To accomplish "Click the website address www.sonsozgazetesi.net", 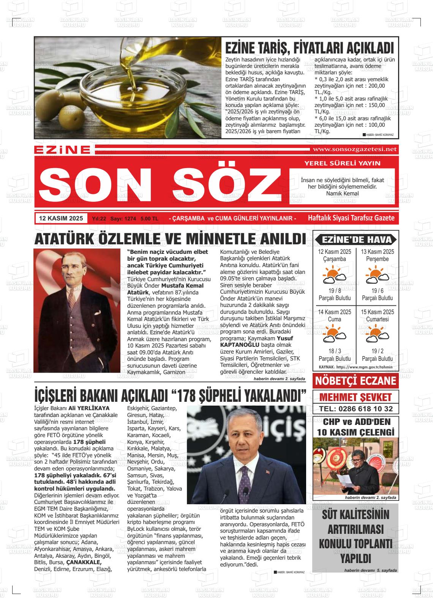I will click(x=354, y=149).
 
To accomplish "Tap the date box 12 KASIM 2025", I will click(x=61, y=218).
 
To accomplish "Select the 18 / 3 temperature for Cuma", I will click(x=334, y=351).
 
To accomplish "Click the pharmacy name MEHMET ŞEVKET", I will click(x=355, y=397).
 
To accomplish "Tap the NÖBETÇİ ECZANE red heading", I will click(x=356, y=381).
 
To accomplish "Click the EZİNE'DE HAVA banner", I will click(x=356, y=239).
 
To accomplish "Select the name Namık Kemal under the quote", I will click(x=342, y=194).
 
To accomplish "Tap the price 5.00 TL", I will click(x=149, y=219).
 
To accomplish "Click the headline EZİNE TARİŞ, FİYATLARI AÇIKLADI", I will click(x=310, y=48).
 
